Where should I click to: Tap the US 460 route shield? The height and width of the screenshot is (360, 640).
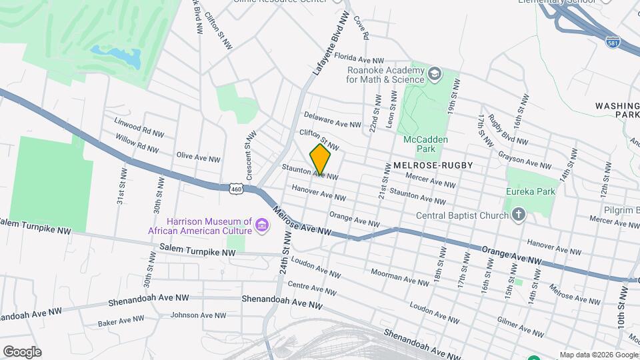point(236,189)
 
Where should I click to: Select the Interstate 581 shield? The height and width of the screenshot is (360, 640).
point(613,42)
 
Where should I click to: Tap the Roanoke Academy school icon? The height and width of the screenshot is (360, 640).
point(435,73)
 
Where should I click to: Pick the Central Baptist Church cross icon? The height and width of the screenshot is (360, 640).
point(518,215)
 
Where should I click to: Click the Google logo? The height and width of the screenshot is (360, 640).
point(22,351)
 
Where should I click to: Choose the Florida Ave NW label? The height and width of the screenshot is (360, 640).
point(359,58)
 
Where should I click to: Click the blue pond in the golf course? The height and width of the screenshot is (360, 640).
point(116,57)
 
